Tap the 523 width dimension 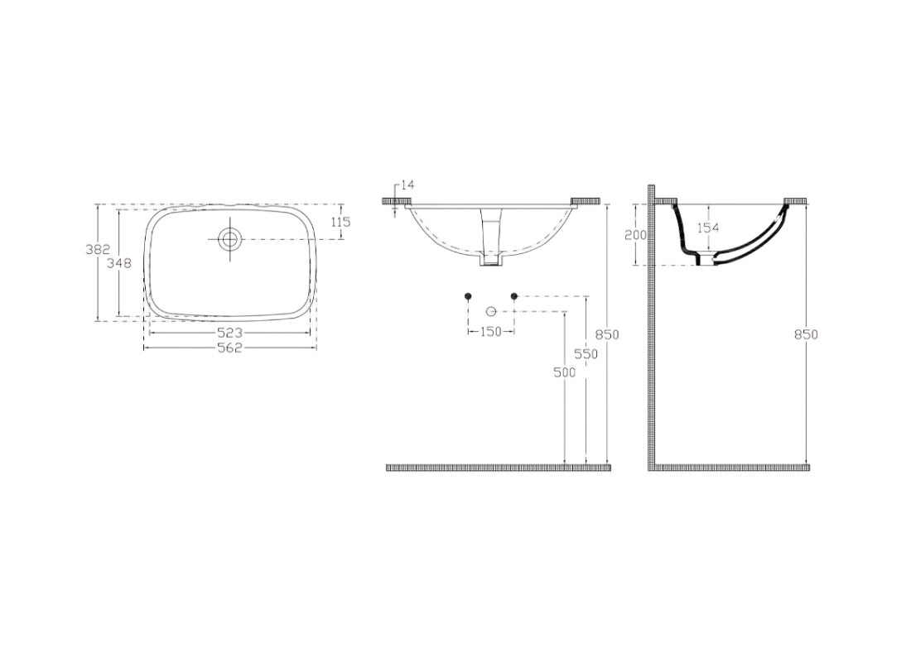(229, 333)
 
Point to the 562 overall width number (229, 348)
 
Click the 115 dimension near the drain (340, 222)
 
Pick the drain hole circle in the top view (229, 239)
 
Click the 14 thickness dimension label (406, 185)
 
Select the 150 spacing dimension (491, 332)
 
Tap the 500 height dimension (564, 373)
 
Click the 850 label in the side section (806, 334)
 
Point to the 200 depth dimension (635, 235)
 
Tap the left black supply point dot (468, 296)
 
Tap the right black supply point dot (514, 296)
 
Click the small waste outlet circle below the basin (490, 311)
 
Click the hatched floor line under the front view (499, 468)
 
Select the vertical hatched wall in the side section (653, 331)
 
